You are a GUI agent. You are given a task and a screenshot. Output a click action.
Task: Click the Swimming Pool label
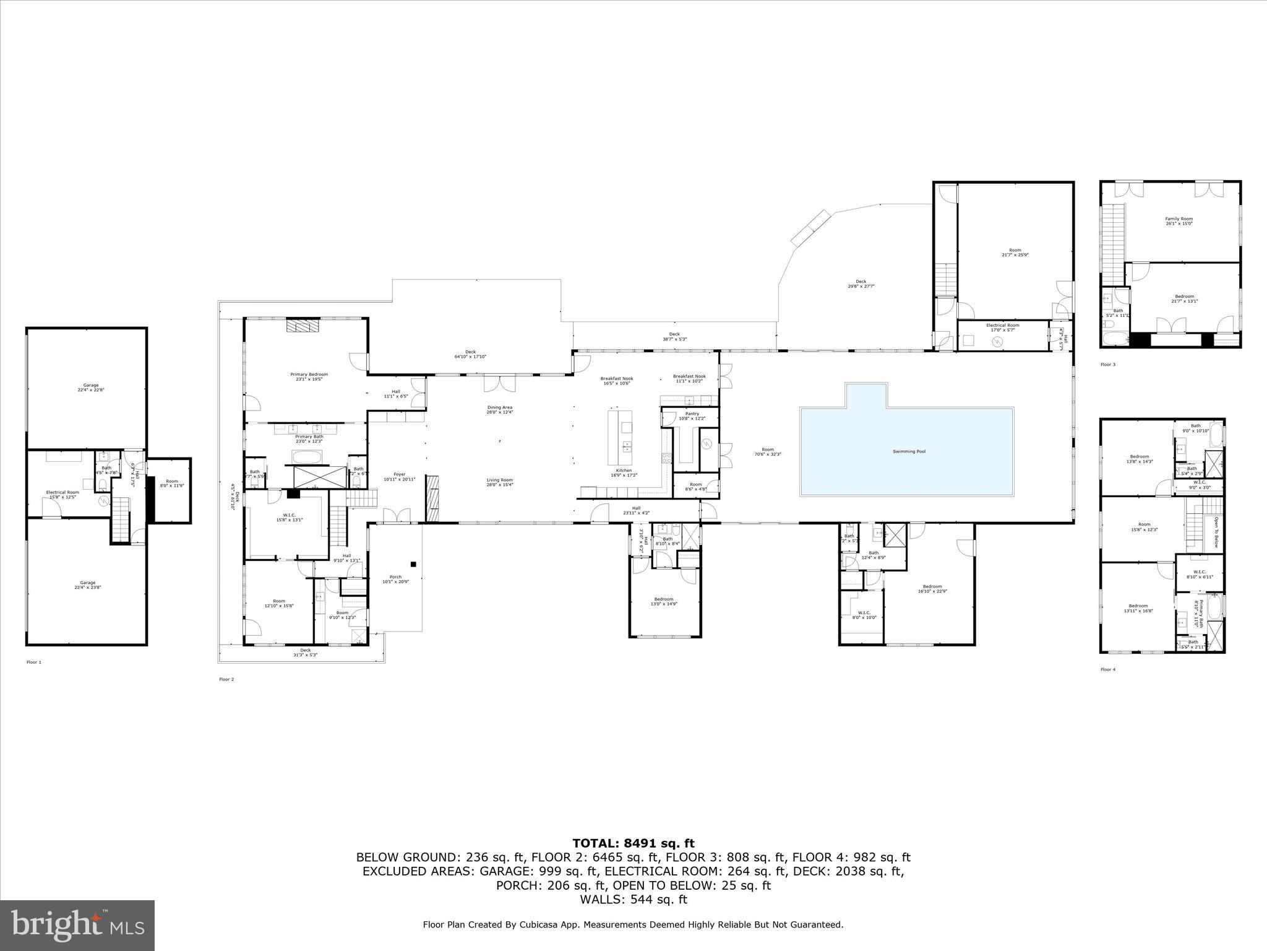pyautogui.click(x=909, y=451)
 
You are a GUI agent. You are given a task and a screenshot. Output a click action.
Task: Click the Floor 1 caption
pyautogui.click(x=34, y=662)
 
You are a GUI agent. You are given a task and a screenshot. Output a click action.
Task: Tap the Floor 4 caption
pyautogui.click(x=1108, y=669)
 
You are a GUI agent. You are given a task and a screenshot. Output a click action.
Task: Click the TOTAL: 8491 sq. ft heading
pyautogui.click(x=633, y=843)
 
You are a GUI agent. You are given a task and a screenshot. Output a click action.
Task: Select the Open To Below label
pyautogui.click(x=1216, y=532)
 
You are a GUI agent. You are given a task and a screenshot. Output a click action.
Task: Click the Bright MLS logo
pyautogui.click(x=77, y=925)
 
